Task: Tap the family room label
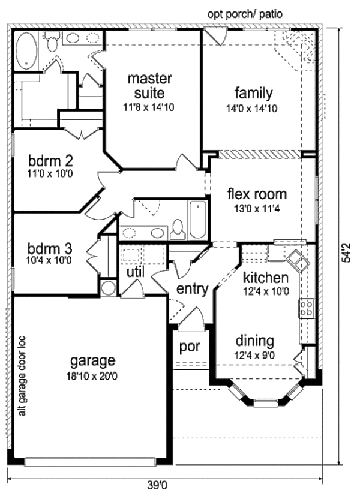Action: [x=253, y=93]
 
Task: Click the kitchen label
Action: [x=266, y=278]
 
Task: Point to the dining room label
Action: [x=254, y=341]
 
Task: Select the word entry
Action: [x=191, y=290]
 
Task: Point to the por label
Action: [x=190, y=347]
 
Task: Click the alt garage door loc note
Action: [x=23, y=374]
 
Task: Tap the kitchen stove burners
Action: [x=306, y=308]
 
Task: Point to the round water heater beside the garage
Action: [x=108, y=288]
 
